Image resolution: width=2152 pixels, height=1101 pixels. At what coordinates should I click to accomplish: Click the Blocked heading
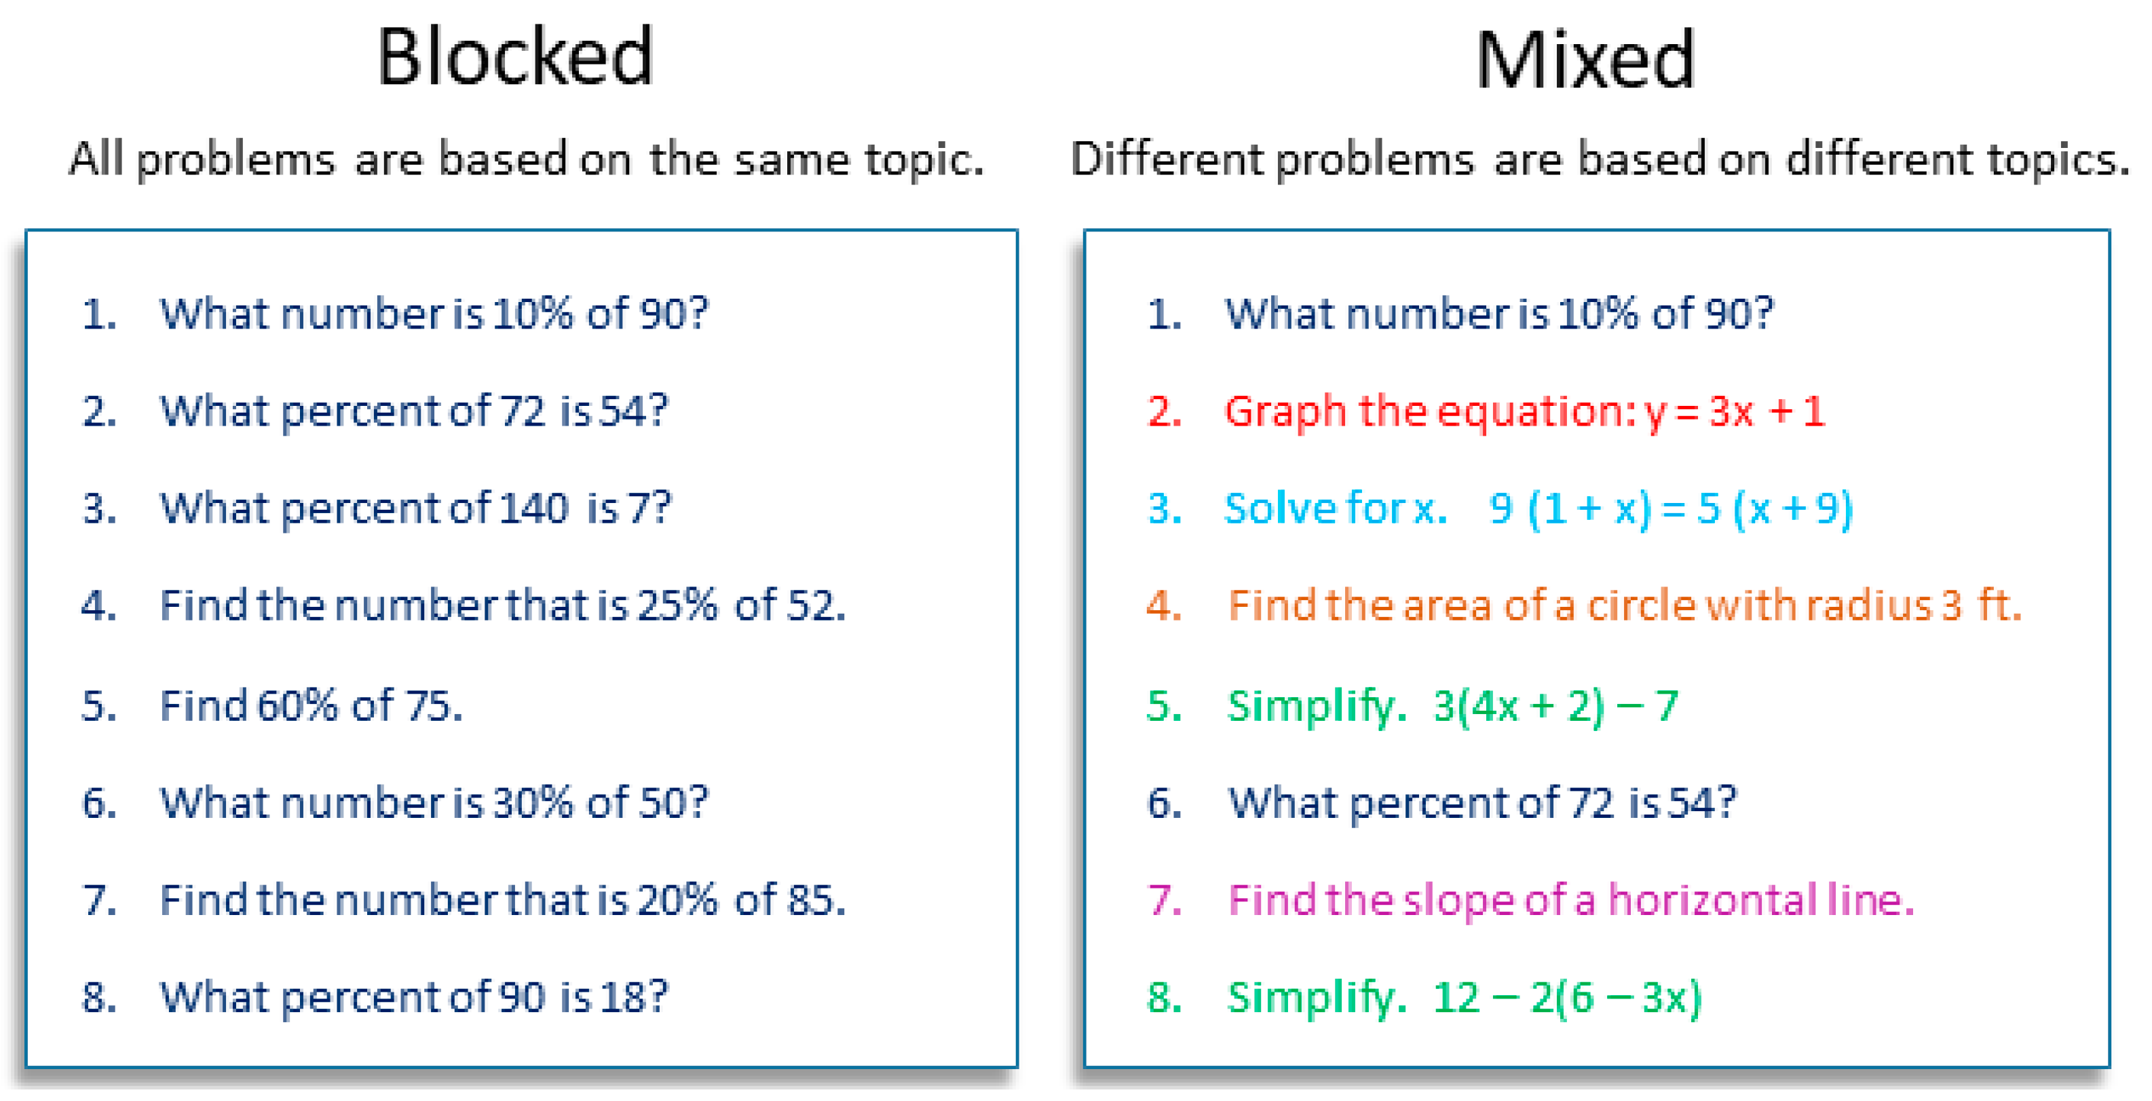[514, 57]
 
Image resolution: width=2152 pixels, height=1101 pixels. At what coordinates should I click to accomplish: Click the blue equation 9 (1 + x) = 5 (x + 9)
[1671, 508]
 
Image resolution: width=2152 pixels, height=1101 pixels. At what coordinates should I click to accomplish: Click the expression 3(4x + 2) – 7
[1555, 706]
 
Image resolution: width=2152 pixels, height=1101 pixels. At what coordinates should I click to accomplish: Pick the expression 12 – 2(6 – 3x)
[1567, 997]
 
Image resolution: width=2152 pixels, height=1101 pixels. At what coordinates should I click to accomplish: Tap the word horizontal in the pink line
[1713, 899]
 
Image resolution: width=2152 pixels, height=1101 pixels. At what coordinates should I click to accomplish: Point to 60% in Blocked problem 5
[297, 706]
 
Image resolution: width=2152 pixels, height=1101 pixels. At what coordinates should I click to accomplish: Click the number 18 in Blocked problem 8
[622, 997]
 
